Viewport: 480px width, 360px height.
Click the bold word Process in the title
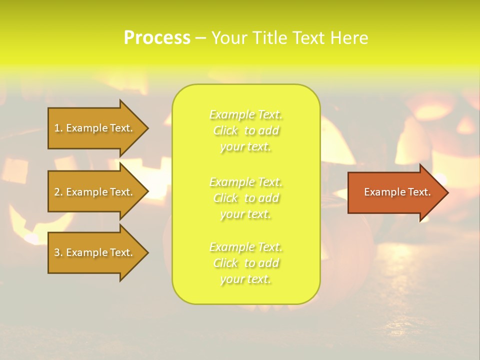point(157,38)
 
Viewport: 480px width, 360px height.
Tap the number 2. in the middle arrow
point(58,192)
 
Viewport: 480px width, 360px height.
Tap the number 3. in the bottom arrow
point(58,252)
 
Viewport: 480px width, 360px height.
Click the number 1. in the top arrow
point(58,128)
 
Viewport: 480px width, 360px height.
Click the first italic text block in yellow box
point(246,130)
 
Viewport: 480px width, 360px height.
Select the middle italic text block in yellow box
point(246,197)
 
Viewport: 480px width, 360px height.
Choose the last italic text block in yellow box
point(246,263)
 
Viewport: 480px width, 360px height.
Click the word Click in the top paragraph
point(225,131)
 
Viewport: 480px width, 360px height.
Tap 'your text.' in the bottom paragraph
point(245,279)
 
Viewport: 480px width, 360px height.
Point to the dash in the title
point(201,38)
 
